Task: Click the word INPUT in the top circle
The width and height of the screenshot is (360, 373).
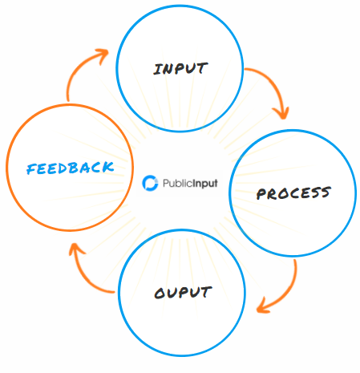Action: click(x=180, y=68)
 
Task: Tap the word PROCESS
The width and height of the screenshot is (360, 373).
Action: click(x=293, y=193)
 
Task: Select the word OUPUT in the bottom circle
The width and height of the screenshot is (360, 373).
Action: click(x=183, y=292)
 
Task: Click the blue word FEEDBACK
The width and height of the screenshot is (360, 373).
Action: click(x=71, y=168)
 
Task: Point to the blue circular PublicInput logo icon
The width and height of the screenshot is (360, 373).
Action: click(x=150, y=183)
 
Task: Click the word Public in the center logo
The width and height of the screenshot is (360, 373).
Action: click(x=177, y=183)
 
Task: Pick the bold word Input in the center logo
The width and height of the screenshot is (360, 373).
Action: click(x=205, y=184)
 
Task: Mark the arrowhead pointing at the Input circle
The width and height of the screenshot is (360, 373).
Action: click(x=103, y=55)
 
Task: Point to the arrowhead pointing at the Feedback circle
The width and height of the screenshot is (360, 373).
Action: click(x=75, y=249)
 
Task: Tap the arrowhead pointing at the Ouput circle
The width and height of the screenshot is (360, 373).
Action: click(x=263, y=306)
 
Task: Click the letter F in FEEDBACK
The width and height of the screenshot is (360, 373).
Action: click(x=31, y=169)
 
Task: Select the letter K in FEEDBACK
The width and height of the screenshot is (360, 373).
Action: click(x=107, y=167)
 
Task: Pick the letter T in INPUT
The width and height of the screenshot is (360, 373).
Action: click(x=202, y=68)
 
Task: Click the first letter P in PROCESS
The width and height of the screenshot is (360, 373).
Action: click(x=261, y=194)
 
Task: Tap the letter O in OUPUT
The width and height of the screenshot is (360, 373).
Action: click(x=160, y=294)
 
